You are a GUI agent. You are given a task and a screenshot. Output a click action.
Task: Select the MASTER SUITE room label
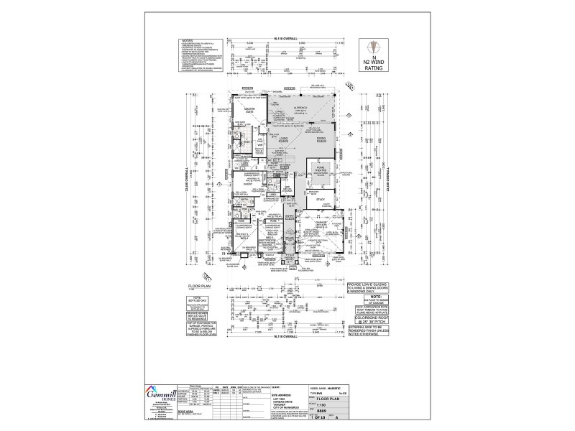point(250,111)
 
